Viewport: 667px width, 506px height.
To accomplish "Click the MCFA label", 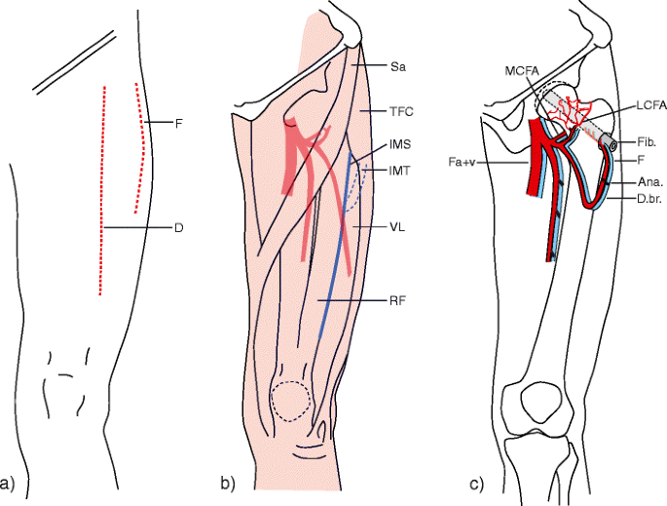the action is [x=521, y=72].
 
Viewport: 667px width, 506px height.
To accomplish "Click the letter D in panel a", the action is [x=179, y=229].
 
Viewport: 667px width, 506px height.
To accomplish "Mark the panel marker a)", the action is [x=9, y=483].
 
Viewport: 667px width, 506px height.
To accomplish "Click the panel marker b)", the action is [x=228, y=483].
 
